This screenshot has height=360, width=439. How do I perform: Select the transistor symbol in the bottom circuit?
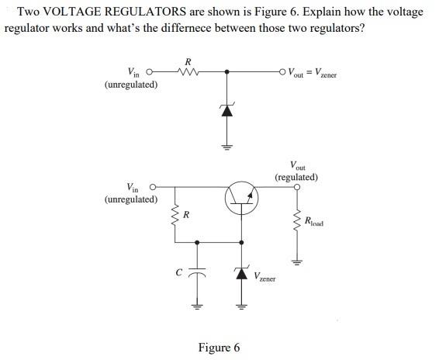click(240, 199)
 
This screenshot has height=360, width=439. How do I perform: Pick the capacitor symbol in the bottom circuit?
click(198, 273)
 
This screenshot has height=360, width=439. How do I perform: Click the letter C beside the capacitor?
click(179, 273)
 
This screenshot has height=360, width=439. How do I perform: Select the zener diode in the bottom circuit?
click(241, 273)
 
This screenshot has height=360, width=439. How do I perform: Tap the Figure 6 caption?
click(219, 348)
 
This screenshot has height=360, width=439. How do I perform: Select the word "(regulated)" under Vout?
click(296, 177)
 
